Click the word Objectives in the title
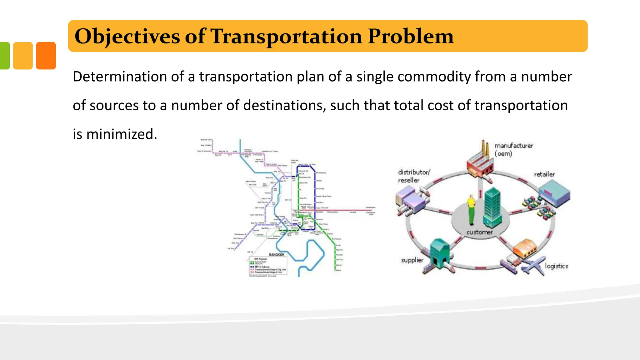tap(127, 37)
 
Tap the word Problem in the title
tap(410, 37)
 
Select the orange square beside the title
tap(46, 56)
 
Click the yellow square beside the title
tap(23, 56)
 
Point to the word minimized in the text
tap(120, 134)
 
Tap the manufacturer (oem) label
tap(513, 149)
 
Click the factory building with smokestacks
tap(480, 162)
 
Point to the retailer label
tap(544, 174)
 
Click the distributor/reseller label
tap(413, 176)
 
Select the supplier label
tap(412, 260)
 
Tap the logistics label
tap(556, 266)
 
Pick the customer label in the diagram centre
tap(479, 232)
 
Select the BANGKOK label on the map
tap(277, 255)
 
